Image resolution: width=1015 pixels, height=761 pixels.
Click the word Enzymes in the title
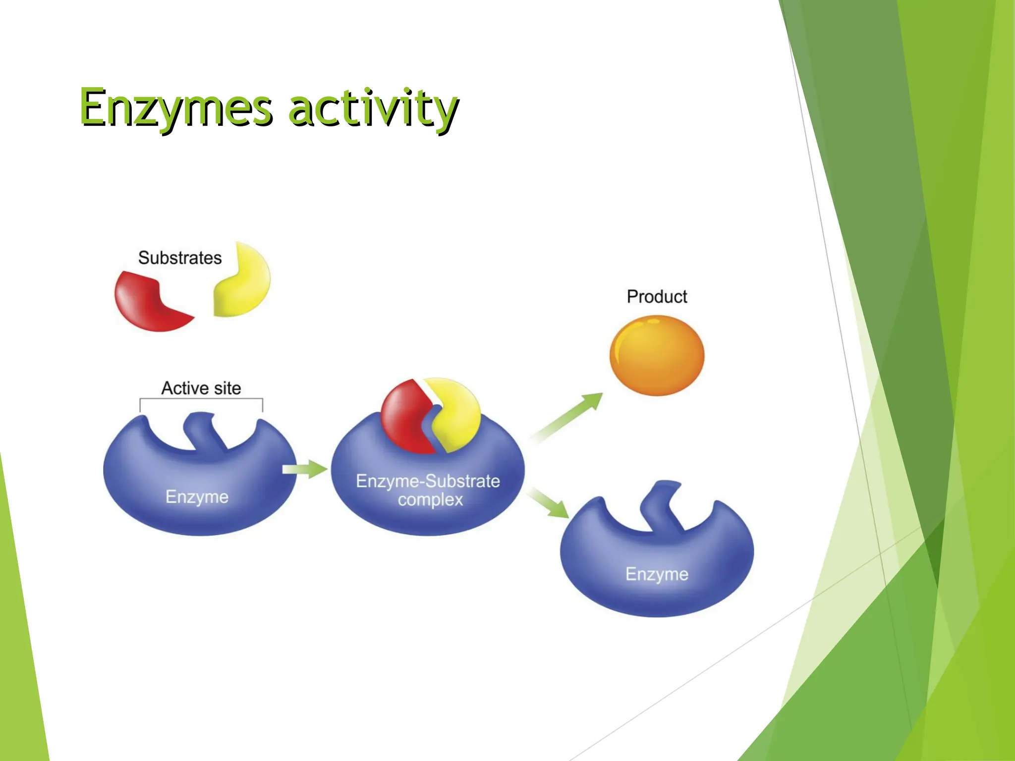click(176, 108)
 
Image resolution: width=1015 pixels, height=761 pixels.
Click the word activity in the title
click(373, 108)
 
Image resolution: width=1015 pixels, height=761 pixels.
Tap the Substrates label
click(179, 258)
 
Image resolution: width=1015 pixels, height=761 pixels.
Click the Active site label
click(201, 388)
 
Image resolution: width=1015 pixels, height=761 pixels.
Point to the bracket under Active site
click(201, 399)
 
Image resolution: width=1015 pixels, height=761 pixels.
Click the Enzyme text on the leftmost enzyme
click(197, 496)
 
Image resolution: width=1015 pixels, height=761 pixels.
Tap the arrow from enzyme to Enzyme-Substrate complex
click(304, 469)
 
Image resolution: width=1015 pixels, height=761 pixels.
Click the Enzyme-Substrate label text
click(428, 481)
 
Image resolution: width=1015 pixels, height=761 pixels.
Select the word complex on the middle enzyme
click(430, 500)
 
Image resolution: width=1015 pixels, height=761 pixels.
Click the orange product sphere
click(657, 356)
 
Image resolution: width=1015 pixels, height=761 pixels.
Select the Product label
click(657, 297)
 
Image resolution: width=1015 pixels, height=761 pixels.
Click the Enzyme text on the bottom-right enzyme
click(657, 574)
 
